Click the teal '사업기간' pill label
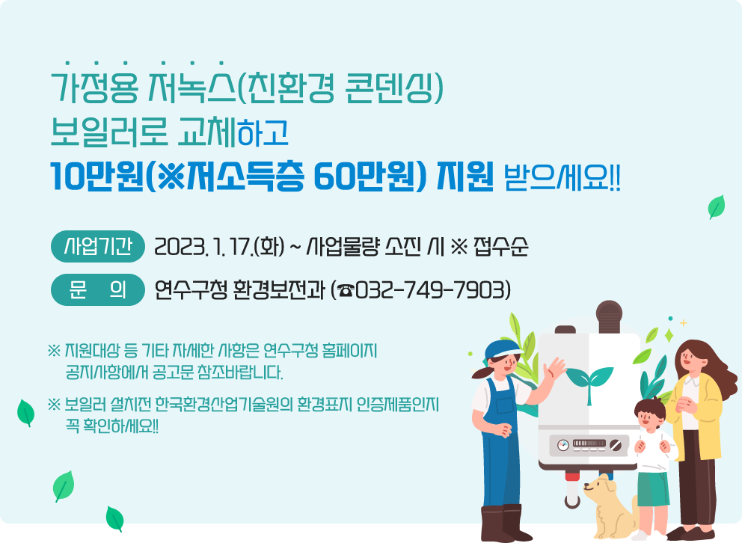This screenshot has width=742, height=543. (98, 246)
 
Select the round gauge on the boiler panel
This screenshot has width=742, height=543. (563, 446)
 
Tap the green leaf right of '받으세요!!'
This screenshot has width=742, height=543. (717, 206)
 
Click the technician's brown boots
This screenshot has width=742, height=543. (503, 524)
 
